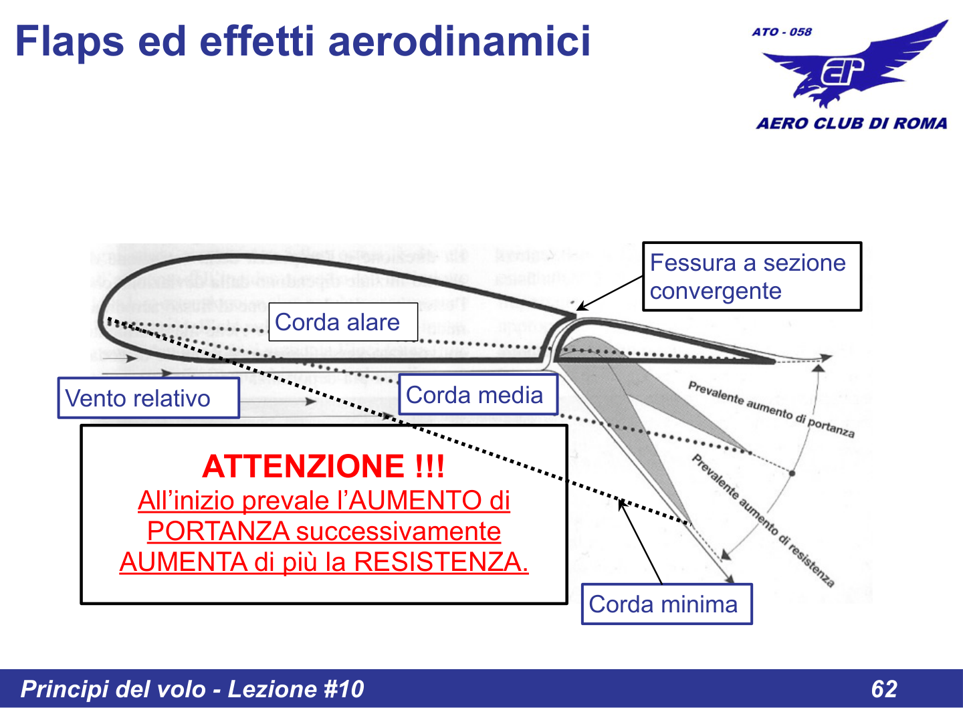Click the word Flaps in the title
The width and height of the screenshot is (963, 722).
(69, 41)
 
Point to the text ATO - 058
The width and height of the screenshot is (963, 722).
(781, 32)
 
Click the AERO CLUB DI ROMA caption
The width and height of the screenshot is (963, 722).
(851, 124)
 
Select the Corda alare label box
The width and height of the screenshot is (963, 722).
(343, 322)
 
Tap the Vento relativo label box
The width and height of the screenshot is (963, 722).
(148, 398)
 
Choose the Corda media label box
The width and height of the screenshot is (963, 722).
(477, 395)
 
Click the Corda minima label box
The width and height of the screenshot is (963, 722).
(666, 604)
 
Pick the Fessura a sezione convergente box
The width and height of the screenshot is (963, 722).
(751, 277)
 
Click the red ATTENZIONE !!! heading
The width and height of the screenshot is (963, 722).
(324, 466)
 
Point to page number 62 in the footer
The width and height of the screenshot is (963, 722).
(884, 689)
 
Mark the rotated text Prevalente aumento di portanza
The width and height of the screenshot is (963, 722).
(771, 409)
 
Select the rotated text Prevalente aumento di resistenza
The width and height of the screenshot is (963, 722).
(763, 521)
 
